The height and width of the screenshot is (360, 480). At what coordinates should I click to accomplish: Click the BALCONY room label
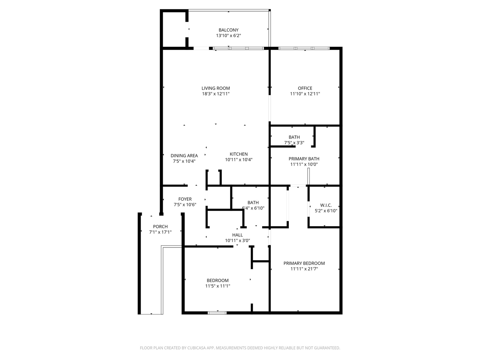228,30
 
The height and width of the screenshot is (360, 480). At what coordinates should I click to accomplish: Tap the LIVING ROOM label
216,88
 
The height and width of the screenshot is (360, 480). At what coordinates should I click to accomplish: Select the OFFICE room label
305,88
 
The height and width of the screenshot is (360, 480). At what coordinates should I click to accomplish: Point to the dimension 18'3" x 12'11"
216,94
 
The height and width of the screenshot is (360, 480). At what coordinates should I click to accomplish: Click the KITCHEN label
238,154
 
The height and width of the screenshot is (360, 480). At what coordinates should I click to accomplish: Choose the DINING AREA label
184,156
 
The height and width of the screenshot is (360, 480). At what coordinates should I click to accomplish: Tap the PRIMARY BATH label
304,159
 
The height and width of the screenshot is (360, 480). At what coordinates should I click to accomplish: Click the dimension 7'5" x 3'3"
294,143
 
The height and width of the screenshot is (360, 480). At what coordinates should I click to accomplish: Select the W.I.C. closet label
326,205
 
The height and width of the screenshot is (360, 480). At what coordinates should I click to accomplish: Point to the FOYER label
185,199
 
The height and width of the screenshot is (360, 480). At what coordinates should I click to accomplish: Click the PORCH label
160,226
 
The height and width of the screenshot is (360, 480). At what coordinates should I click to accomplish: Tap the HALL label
237,235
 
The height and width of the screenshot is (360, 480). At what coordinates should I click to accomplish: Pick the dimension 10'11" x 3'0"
237,241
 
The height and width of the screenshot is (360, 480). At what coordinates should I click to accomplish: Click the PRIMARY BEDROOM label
304,263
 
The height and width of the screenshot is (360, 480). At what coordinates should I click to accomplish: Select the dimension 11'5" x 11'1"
217,286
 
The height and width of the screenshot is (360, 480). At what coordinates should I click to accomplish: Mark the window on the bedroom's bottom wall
217,313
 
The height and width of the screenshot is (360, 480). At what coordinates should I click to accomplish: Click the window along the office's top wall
304,48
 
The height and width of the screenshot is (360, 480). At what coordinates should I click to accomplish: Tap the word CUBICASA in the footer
196,348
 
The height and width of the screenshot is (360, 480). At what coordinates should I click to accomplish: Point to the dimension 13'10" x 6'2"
228,36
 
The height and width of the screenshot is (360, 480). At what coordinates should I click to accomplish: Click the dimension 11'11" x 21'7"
304,269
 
